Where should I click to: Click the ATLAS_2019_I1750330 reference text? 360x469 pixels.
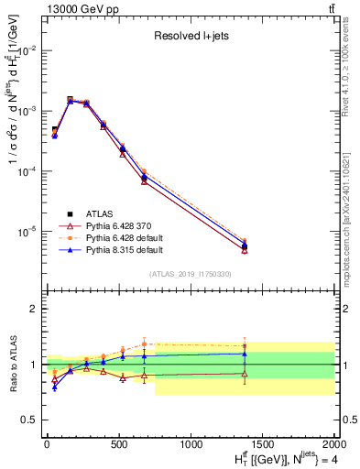coord(191,274)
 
